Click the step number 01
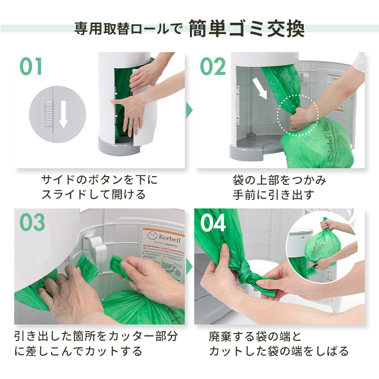pos(31,67)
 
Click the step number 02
pos(213,67)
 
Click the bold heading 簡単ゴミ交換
pos(246,29)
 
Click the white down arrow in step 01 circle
pos(63,114)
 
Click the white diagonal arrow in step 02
pos(260,88)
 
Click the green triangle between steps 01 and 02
pos(189,110)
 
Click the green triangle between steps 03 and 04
pos(189,267)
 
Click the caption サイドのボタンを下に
pos(99,180)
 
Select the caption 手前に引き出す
pos(267,195)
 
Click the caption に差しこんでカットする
pos(78,351)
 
